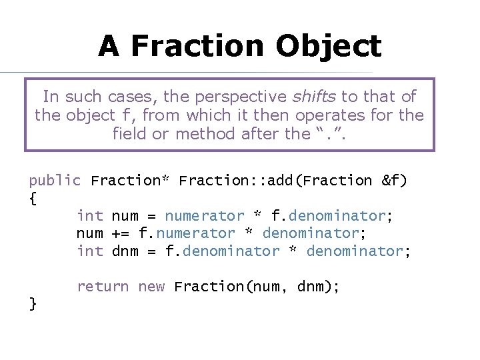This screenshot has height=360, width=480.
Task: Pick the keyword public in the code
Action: [55, 180]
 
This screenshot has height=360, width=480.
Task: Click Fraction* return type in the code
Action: [130, 180]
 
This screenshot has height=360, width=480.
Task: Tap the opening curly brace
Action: [33, 198]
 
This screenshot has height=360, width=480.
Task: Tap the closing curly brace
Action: [33, 304]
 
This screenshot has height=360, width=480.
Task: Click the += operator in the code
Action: [121, 233]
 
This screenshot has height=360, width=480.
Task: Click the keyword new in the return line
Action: [151, 287]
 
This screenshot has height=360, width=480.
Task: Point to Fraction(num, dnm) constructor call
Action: [257, 287]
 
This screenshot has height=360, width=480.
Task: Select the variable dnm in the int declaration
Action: [125, 251]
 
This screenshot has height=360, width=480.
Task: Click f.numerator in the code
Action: [187, 233]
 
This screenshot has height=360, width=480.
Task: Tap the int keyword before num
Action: [90, 216]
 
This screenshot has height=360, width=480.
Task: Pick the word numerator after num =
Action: [205, 216]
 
